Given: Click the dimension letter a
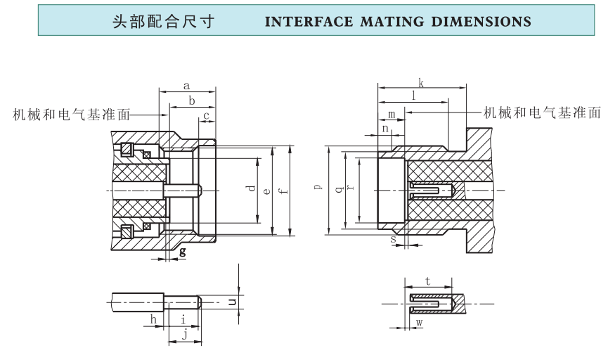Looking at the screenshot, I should click(186, 86).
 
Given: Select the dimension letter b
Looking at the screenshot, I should click(191, 101).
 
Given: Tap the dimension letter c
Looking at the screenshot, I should click(207, 115).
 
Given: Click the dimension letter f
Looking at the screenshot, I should click(282, 190).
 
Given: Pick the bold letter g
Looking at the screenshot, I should click(183, 251).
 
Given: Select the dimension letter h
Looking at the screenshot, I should click(153, 320).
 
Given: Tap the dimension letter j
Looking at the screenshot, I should click(184, 335).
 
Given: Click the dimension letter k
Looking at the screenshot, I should click(420, 82).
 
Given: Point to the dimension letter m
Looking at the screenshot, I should click(391, 114).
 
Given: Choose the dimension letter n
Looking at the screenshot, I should click(385, 129).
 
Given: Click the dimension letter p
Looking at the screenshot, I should click(318, 187).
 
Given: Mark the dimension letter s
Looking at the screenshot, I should click(393, 240).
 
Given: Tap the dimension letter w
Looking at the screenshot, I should click(419, 322).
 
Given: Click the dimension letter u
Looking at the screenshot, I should click(233, 302).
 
